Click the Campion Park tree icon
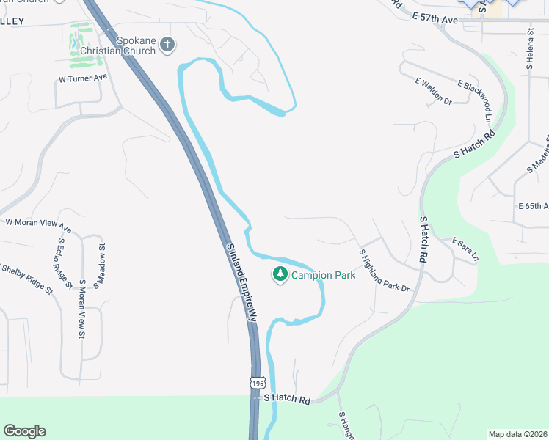[x=280, y=275]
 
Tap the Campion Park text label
[x=323, y=276]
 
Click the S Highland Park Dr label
[x=383, y=271]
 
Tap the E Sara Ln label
[x=465, y=249]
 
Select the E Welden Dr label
[x=433, y=92]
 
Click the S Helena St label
[x=529, y=48]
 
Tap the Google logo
[x=24, y=431]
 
